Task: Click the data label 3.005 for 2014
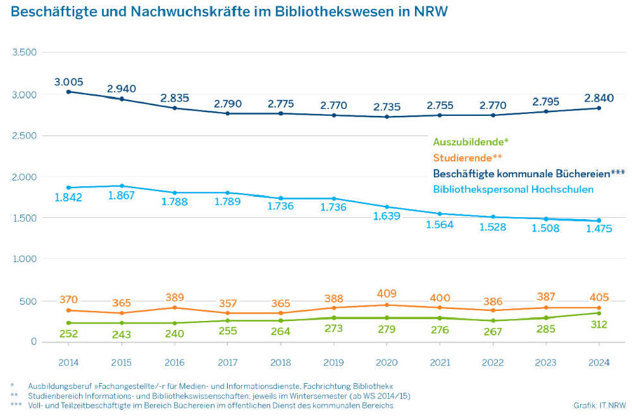click(x=68, y=82)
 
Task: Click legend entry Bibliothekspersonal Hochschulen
click(x=513, y=189)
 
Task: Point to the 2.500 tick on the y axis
click(x=25, y=136)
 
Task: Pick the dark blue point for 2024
click(x=598, y=108)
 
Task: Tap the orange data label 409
click(x=387, y=294)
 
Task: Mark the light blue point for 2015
click(x=122, y=186)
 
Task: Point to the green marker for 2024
click(x=598, y=313)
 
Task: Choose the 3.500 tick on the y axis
click(x=25, y=52)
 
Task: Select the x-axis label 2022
click(x=493, y=363)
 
